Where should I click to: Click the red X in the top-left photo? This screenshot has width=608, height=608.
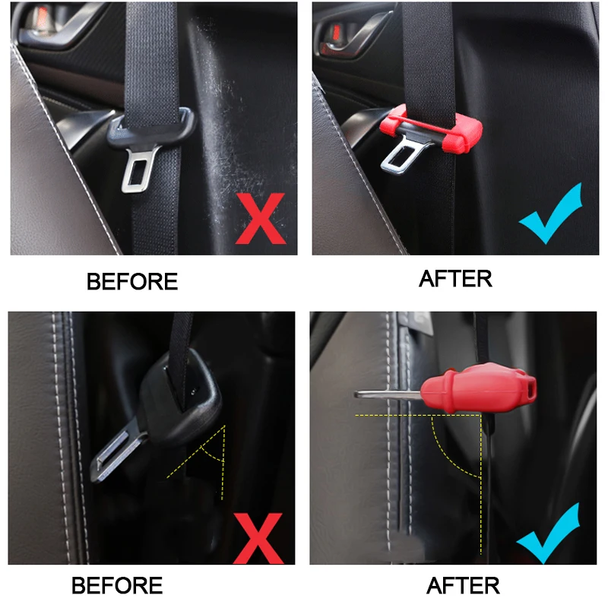coord(260,219)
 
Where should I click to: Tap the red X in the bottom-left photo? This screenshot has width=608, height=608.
coord(258,537)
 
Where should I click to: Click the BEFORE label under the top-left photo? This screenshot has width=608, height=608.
coord(131,281)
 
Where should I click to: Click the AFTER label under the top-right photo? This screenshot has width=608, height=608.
coord(455,279)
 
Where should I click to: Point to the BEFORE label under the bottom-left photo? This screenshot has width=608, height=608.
coord(117,586)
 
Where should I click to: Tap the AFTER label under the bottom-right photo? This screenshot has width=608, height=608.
coord(463,586)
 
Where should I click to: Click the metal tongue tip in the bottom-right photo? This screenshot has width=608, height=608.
coord(380,394)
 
